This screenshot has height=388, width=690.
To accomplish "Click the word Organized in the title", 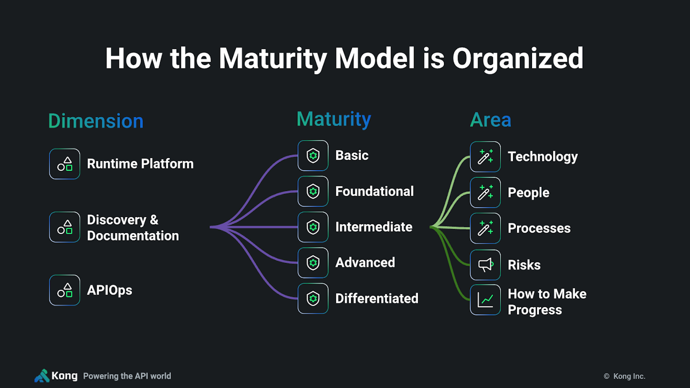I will coord(517,58).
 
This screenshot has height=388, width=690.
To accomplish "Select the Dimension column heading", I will coord(95,121).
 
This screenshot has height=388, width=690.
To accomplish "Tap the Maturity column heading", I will coord(333,119).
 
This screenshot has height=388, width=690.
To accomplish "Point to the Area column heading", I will coord(490,120).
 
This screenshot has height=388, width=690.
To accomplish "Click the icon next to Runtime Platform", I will coord(64,164).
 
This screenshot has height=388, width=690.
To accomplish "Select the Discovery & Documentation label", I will coord(132,227).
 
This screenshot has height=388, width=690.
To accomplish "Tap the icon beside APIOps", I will coord(64,290).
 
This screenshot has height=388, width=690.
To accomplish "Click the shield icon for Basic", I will coord(313,155).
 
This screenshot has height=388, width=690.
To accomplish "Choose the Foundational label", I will coord(374,191).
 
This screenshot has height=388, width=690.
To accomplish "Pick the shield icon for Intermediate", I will coord(313,227).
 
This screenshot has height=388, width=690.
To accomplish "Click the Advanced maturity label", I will coord(365,262).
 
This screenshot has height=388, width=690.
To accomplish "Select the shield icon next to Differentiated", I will coord(313,298).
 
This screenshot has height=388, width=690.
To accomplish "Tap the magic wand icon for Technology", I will coord(485,156).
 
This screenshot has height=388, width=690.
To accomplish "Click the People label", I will coord(528,192).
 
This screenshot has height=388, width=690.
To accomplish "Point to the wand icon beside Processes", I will coord(485,228).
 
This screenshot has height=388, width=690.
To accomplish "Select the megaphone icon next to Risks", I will coord(485,265).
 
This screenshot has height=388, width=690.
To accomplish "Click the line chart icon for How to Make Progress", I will coord(485,300).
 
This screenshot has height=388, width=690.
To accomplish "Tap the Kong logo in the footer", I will coord(55,376).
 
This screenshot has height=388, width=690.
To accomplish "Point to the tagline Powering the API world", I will coord(127,376).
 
